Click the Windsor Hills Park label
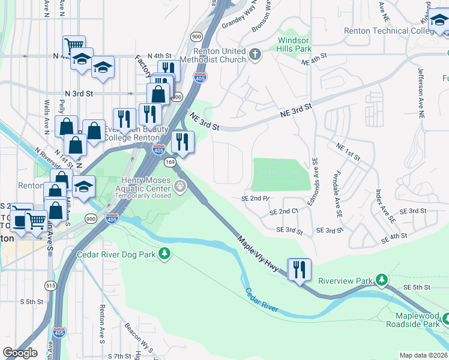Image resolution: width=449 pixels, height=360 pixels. [x=294, y=44]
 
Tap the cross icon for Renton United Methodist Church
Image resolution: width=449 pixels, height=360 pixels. [x=255, y=55]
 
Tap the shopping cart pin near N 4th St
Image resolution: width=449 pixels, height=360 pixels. [x=74, y=46]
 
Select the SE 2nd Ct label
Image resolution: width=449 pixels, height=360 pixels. [x=284, y=212]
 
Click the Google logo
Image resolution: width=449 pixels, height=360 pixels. [x=20, y=352]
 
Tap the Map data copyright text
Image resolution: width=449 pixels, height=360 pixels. [x=423, y=355]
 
